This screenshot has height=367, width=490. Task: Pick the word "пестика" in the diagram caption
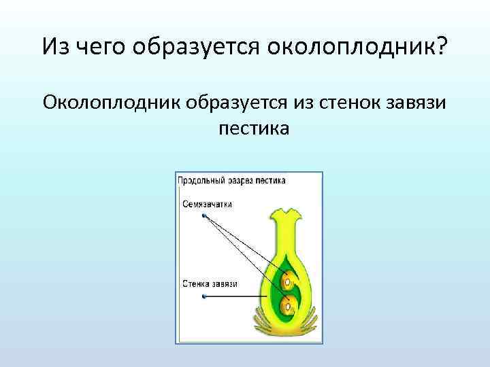[x=270, y=181]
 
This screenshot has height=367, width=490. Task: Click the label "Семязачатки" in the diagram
[x=207, y=203]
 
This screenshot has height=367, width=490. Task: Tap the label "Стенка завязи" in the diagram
[x=210, y=283]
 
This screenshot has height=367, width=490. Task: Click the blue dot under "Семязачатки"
[x=203, y=216]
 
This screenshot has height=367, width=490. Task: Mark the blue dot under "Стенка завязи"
[x=203, y=297]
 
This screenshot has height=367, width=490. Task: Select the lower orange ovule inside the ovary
[x=288, y=299]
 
